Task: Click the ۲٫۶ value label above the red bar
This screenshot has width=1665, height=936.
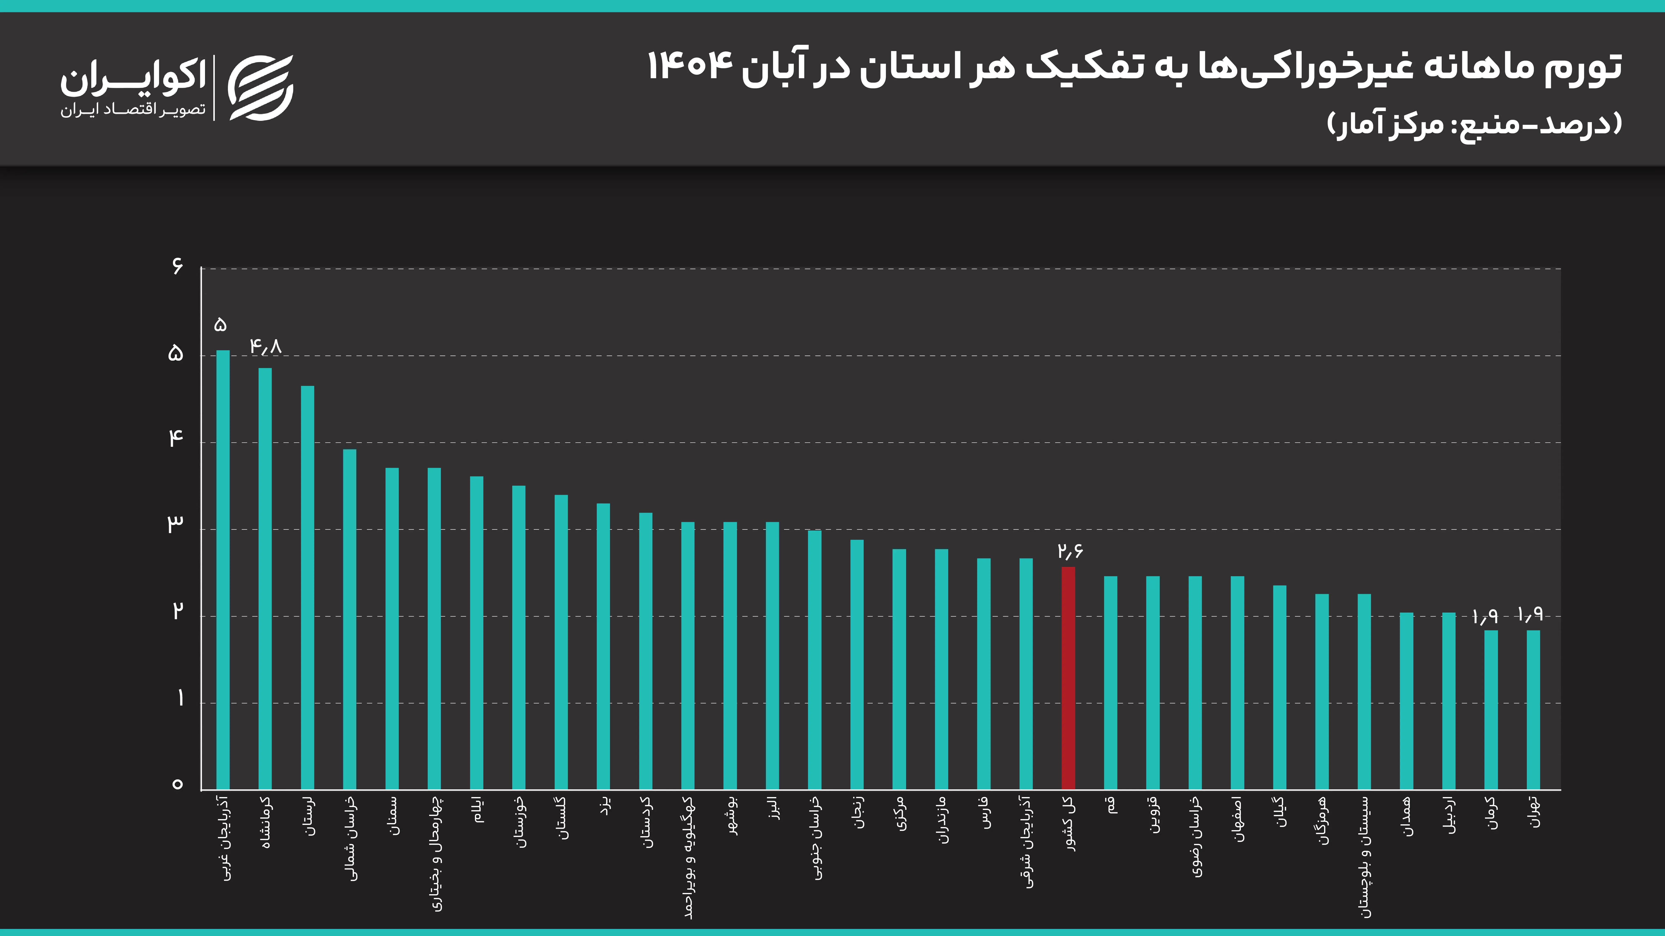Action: point(1070,551)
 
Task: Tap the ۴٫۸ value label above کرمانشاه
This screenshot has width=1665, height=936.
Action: point(266,347)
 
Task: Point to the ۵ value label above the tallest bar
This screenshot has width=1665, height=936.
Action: point(220,325)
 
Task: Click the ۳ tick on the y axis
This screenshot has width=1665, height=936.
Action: point(175,525)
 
